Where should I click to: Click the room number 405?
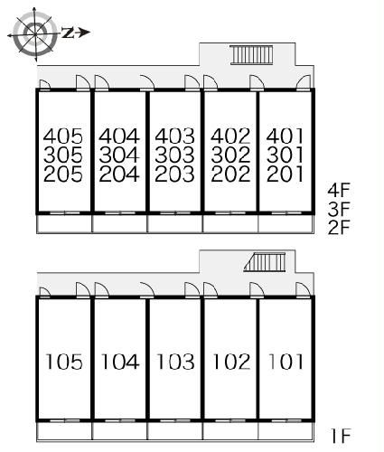coord(63,137)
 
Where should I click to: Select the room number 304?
coord(119,155)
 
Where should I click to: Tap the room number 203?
coord(174,174)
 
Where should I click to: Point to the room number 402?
coord(230,137)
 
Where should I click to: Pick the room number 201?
coord(285,174)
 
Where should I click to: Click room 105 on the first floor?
coord(64,362)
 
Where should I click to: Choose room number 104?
coord(120,362)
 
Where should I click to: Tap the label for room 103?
coord(175,362)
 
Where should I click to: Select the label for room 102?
coord(231,362)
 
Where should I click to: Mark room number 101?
coord(286,362)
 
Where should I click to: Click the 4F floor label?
coord(339,190)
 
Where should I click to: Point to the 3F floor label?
coord(339,209)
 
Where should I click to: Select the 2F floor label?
coord(339,228)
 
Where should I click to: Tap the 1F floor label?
coord(341,436)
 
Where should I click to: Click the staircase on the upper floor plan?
coord(251,54)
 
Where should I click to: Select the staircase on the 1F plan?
coord(265,262)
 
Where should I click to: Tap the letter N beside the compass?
coord(68,33)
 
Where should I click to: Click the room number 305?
coord(63,155)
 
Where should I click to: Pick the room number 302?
coord(230,155)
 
